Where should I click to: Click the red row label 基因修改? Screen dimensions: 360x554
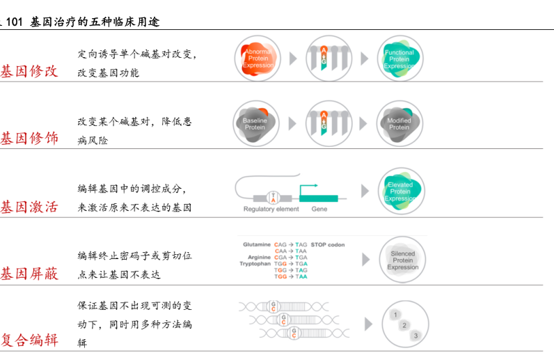tap(29, 70)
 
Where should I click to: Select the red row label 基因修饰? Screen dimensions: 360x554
tap(29, 138)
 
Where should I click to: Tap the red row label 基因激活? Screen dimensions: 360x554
tap(29, 206)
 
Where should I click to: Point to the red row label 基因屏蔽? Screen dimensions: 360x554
tap(29, 273)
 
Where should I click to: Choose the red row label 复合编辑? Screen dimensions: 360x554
tap(29, 340)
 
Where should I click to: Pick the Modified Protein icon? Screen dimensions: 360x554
tap(399, 124)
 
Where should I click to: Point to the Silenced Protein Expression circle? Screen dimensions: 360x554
tap(402, 260)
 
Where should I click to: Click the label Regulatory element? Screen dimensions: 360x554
tap(271, 209)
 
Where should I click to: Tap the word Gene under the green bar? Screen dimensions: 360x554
tap(319, 209)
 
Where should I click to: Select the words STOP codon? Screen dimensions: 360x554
tap(327, 244)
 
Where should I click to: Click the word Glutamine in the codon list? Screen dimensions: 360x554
tap(257, 244)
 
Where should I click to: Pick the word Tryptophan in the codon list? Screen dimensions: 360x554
tap(255, 264)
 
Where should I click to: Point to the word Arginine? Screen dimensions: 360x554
tap(259, 257)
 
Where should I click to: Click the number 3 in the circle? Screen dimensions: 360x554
tap(415, 336)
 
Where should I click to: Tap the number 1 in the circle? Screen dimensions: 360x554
tap(396, 315)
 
